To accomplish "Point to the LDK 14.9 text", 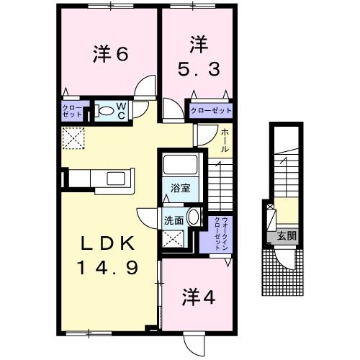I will [x=108, y=256].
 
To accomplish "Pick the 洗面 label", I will [x=173, y=220].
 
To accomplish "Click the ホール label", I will [x=225, y=140].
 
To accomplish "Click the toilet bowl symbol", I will [x=104, y=111].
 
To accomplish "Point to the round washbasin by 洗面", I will [x=193, y=219].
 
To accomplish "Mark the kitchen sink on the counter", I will [x=114, y=179].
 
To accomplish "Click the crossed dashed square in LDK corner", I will [x=73, y=137].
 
